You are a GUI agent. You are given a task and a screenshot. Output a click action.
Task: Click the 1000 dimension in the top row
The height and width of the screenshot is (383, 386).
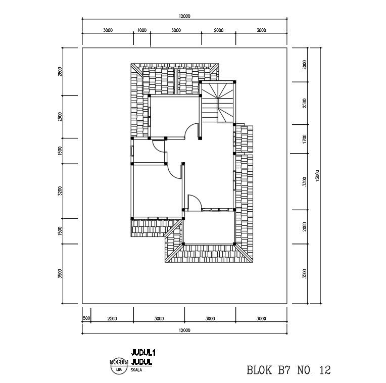point(141,30)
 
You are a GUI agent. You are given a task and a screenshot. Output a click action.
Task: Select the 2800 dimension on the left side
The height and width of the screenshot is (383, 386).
point(60,71)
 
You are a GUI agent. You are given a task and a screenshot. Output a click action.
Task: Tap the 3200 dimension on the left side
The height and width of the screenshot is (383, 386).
point(60,190)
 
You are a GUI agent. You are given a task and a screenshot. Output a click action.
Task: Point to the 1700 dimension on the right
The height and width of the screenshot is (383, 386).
point(305,139)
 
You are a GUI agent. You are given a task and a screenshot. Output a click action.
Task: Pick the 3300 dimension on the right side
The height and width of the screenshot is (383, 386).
point(305,180)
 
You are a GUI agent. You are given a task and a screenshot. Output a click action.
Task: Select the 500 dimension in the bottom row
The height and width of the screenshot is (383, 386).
point(86,318)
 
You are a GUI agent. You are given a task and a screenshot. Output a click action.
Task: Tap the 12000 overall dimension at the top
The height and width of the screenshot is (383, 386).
point(184,16)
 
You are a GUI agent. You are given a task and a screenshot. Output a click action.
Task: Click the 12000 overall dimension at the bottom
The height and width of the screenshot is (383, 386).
point(184,330)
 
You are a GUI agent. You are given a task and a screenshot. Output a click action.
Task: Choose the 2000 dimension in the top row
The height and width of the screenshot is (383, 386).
point(218,30)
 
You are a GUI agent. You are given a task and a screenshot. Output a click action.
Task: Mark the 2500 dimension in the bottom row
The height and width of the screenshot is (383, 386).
point(112,318)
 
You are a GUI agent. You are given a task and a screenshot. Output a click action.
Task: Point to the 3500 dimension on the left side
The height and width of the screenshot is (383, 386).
point(60,273)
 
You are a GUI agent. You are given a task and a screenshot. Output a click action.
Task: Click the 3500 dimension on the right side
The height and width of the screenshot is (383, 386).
point(305,273)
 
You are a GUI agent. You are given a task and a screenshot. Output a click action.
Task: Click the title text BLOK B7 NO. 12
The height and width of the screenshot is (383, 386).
point(288,370)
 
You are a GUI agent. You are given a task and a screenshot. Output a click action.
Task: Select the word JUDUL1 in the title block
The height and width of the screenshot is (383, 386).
point(142,352)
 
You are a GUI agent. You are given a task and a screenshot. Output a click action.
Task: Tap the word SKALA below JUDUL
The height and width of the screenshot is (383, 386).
point(136,370)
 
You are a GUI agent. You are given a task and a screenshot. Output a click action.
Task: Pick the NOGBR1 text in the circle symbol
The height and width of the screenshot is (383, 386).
point(119,362)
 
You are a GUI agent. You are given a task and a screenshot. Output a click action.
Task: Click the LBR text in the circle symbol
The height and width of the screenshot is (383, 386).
point(119,370)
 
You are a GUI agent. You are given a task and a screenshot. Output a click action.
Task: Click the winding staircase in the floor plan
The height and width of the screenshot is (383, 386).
point(218,101)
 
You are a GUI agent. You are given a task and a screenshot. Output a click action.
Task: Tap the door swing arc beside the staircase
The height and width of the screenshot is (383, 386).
point(191,131)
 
